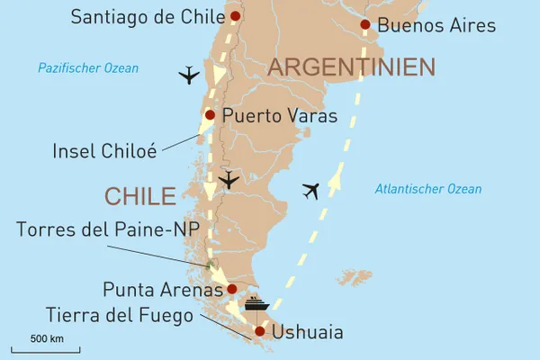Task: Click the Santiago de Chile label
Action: (x=150, y=16)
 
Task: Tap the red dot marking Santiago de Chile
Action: (x=236, y=15)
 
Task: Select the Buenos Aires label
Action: (x=436, y=25)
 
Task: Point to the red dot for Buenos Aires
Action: (x=364, y=25)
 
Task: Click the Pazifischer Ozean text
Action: (x=88, y=68)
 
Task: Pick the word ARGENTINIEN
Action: (x=352, y=67)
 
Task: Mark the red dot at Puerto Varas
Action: (x=210, y=115)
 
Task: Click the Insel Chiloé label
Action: (x=104, y=151)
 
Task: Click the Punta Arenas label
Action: (x=162, y=290)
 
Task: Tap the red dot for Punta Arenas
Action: (x=232, y=289)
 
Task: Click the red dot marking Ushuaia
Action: (x=260, y=332)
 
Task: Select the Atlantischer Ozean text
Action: (x=427, y=189)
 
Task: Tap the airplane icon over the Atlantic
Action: (x=311, y=191)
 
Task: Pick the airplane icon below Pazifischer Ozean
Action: (x=189, y=76)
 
